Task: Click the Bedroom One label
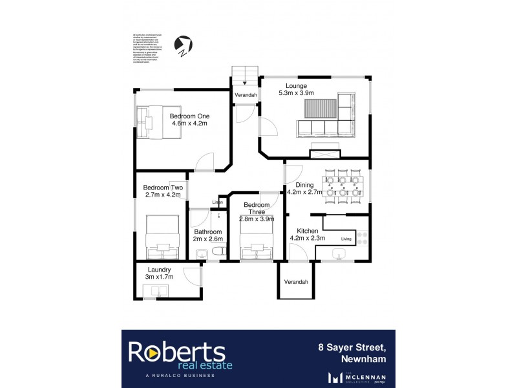pyautogui.click(x=190, y=116)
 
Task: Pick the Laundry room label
pyautogui.click(x=158, y=270)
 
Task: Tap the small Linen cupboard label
pyautogui.click(x=218, y=202)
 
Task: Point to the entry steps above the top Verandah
pyautogui.click(x=246, y=75)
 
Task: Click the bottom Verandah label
pyautogui.click(x=296, y=282)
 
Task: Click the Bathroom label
pyautogui.click(x=208, y=232)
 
